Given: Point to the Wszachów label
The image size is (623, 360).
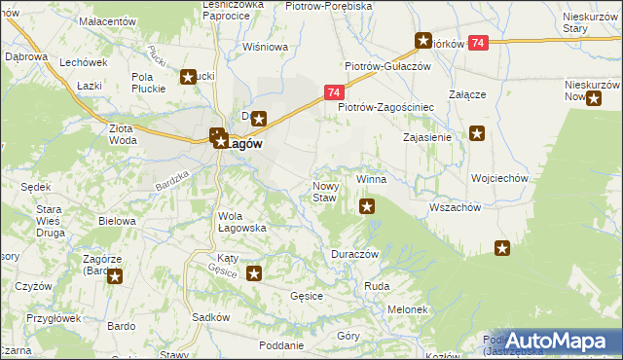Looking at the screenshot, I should [x=455, y=207].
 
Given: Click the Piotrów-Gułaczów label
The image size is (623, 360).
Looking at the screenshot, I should [x=386, y=65].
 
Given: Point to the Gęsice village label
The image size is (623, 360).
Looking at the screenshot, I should [x=307, y=295].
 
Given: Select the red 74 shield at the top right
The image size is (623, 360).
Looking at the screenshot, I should [x=478, y=43].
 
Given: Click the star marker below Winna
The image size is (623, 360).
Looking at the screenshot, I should [x=367, y=205].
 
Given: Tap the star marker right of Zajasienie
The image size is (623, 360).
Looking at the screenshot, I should [x=477, y=134].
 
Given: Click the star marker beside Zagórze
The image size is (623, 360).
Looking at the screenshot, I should [x=115, y=277].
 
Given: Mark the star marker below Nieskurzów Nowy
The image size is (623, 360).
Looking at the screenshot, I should [x=593, y=97].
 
